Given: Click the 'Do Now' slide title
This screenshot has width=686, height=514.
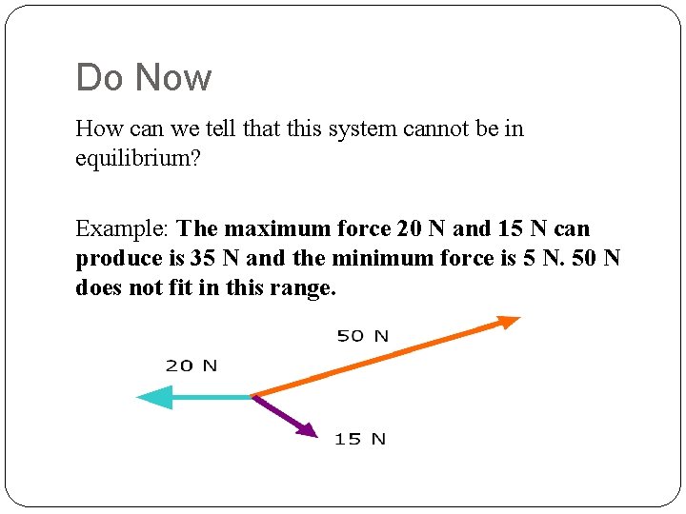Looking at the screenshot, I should pos(144,77).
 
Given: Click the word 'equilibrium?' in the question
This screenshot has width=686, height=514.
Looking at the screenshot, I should pos(138,158).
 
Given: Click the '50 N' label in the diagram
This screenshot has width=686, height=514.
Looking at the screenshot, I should pos(363,336).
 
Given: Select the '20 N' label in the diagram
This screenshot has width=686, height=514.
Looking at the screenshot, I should pos(192,366).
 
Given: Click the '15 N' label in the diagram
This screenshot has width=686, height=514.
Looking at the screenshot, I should pos(360,439).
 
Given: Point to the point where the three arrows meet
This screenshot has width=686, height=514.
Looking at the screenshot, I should pos(252,396).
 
